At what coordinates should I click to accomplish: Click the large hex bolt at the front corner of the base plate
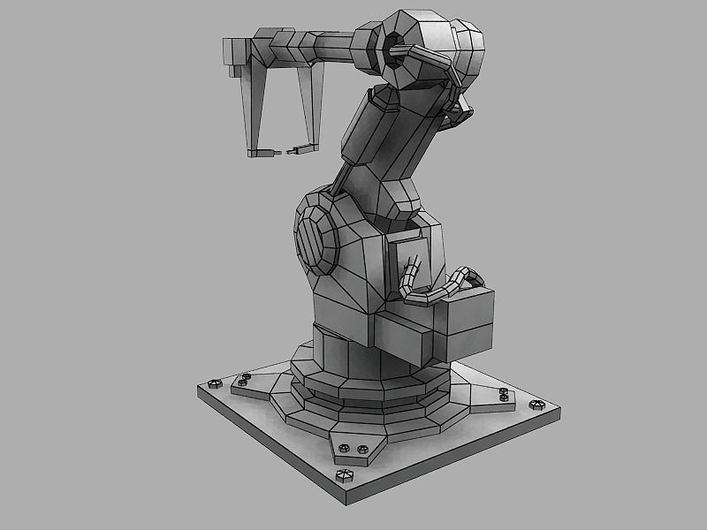point(345,478)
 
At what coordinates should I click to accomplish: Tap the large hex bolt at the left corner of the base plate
point(213,384)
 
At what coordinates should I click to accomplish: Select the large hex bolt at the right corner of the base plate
point(536,405)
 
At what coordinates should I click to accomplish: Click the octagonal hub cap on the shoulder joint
point(313,239)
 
